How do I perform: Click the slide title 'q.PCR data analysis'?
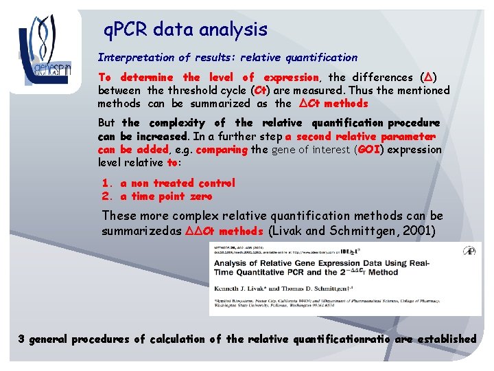tap(185, 30)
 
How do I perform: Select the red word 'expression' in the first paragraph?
tap(291, 78)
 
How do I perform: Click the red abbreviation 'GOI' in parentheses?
tap(368, 149)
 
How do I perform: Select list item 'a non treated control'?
tap(178, 183)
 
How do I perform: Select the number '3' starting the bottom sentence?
tap(22, 339)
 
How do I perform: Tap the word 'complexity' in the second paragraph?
tap(172, 123)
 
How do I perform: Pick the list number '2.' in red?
tap(107, 196)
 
